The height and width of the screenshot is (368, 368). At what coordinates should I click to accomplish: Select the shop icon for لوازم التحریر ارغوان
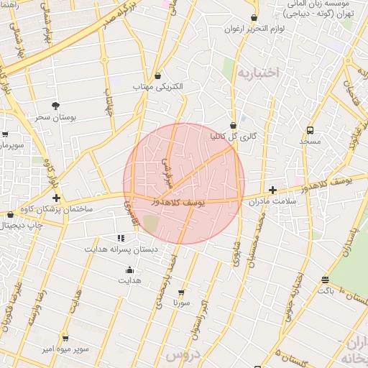click(254, 18)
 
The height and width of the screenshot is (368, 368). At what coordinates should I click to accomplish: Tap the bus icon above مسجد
click(310, 130)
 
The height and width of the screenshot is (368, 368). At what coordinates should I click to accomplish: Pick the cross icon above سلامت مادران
click(272, 190)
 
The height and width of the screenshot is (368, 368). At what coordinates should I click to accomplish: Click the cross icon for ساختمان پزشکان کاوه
click(55, 197)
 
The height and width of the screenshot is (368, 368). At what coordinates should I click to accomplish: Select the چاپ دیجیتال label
click(22, 225)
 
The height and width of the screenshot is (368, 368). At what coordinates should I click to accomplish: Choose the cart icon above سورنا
click(180, 292)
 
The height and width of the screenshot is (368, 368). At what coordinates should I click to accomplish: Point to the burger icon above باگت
click(326, 280)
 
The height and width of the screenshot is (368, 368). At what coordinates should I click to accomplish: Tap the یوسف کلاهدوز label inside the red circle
click(179, 203)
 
